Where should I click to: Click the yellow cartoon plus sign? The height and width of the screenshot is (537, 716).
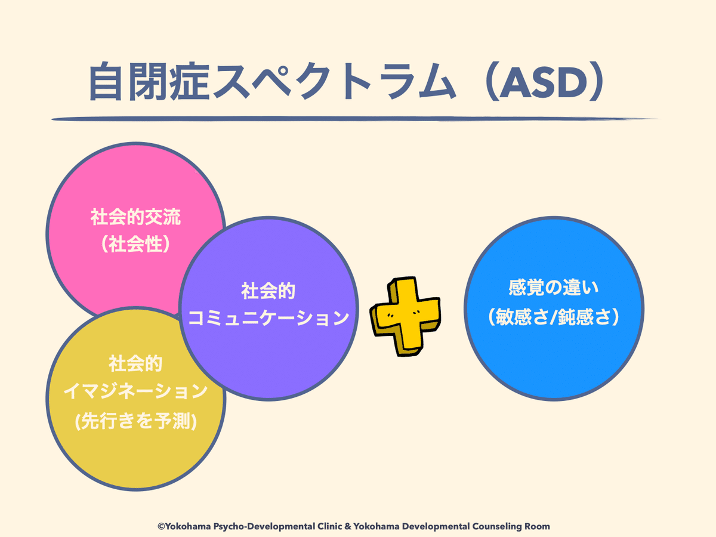[x=406, y=316]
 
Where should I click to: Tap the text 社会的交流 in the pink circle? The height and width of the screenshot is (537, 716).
[x=135, y=217]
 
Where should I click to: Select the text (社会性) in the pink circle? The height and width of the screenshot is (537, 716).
[x=135, y=245]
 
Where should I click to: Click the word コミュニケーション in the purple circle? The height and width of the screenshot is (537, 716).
[x=268, y=318]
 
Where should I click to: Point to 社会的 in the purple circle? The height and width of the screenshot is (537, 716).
[x=268, y=291]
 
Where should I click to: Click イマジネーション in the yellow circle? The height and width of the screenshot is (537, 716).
[x=135, y=391]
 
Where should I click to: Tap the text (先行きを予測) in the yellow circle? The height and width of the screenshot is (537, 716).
[x=135, y=421]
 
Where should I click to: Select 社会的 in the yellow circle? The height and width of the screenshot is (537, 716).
[x=135, y=363]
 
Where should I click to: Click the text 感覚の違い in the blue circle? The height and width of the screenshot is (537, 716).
[x=554, y=288]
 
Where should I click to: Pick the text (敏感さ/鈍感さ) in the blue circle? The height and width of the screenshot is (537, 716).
[x=554, y=317]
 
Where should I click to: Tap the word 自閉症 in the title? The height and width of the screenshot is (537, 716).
[x=149, y=82]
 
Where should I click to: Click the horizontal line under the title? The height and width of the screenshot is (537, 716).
[x=355, y=119]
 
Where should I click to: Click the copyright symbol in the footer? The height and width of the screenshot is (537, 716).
[x=161, y=526]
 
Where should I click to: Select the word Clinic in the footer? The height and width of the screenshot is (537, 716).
[x=330, y=526]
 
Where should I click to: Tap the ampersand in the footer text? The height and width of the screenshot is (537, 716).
[x=348, y=526]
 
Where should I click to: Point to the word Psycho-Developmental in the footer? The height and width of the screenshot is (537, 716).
[x=264, y=527]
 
